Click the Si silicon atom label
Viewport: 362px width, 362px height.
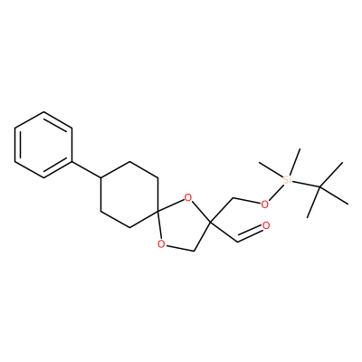tap(287, 180)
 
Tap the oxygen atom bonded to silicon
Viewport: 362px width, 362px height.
tap(264, 205)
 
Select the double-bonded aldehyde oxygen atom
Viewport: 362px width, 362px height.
tap(266, 225)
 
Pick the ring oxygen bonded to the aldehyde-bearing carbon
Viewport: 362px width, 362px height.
tap(187, 198)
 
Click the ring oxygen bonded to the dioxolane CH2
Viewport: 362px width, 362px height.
tap(161, 243)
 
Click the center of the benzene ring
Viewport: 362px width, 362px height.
tap(43, 145)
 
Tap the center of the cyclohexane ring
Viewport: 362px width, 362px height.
tap(129, 195)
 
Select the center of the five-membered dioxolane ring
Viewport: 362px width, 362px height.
tap(183, 225)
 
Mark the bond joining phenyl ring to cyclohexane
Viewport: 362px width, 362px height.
tap(87, 170)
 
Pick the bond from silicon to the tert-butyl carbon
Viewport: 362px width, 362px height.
tap(306, 184)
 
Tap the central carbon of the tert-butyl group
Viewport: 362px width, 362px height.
tap(319, 187)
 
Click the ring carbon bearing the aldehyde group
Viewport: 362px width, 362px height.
tap(211, 223)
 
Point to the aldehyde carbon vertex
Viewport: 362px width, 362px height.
tap(238, 242)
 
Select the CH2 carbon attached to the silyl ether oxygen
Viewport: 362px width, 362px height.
tap(233, 198)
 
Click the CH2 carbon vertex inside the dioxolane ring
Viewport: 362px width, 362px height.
tap(195, 251)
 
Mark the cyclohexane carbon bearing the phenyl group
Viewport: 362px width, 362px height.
tap(101, 178)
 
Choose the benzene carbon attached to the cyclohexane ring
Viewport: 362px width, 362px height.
tap(72, 161)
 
